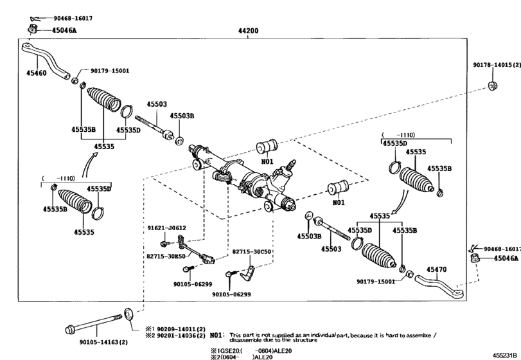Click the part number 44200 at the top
click(248, 30)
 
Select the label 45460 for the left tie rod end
click(37, 74)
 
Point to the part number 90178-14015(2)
click(494, 66)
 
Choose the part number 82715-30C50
click(251, 253)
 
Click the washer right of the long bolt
click(128, 313)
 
